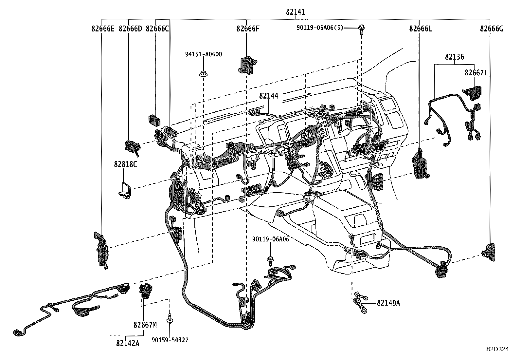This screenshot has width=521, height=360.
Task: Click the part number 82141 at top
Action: click(295, 12)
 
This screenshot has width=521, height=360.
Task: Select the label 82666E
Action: click(103, 29)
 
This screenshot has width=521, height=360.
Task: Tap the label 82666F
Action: click(248, 29)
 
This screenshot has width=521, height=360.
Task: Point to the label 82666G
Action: click(492, 29)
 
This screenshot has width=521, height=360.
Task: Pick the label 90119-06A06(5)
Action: click(320, 28)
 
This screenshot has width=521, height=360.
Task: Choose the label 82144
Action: click(269, 96)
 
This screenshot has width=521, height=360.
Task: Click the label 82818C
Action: click(125, 164)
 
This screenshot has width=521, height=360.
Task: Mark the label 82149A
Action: click(388, 303)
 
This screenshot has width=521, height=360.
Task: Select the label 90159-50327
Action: click(170, 340)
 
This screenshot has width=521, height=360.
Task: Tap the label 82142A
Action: click(127, 343)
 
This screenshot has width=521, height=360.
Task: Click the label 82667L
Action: click(476, 73)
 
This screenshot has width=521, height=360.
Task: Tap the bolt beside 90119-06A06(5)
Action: click(362, 29)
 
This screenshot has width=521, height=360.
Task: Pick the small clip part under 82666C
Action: click(154, 120)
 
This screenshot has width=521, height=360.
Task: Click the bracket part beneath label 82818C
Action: click(124, 191)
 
